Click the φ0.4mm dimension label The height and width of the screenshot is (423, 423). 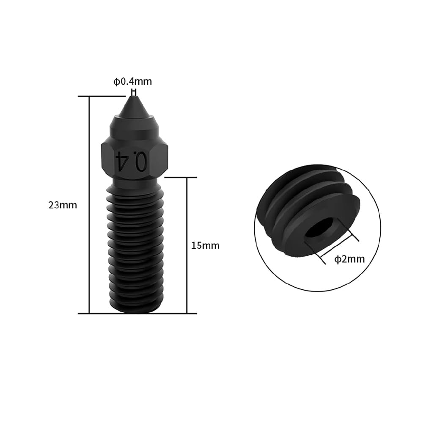coord(132,82)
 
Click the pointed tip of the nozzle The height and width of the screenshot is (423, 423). coord(134,98)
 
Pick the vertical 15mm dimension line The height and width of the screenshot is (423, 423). coord(186,245)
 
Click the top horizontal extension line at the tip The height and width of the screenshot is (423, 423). coord(102,97)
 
